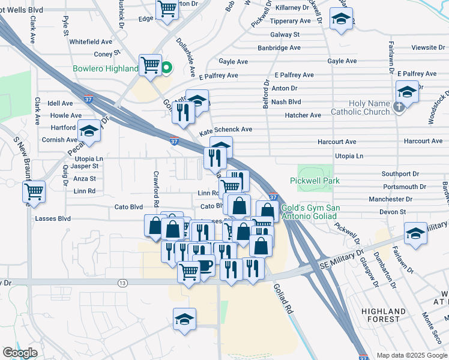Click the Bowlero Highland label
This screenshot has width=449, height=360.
click(105, 68)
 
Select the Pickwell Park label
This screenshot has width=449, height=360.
click(315, 181)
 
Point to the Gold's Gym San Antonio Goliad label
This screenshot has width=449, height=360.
click(310, 212)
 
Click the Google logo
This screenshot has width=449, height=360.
click(20, 352)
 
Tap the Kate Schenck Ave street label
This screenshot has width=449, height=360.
click(225, 130)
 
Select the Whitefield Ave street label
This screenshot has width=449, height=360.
click(91, 42)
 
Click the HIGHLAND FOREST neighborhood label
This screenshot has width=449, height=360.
click(384, 315)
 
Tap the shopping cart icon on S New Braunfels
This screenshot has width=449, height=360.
click(34, 192)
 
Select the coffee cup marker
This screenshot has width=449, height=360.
click(204, 265)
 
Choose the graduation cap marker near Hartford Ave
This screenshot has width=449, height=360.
click(89, 133)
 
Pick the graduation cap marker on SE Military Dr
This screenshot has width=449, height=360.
click(415, 232)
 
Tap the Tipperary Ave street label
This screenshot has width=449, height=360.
click(290, 21)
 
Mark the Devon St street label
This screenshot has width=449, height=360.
click(393, 212)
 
